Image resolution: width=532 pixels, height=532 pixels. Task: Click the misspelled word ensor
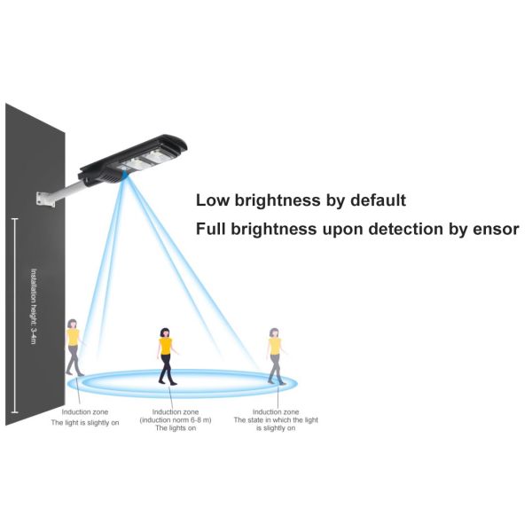click(x=495, y=229)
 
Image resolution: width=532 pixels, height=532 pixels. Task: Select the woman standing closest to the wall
click(x=73, y=347)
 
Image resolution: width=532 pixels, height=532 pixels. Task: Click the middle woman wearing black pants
click(x=166, y=356)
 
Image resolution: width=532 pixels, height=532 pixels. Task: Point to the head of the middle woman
click(x=165, y=332)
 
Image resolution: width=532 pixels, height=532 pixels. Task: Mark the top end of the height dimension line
click(x=14, y=216)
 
